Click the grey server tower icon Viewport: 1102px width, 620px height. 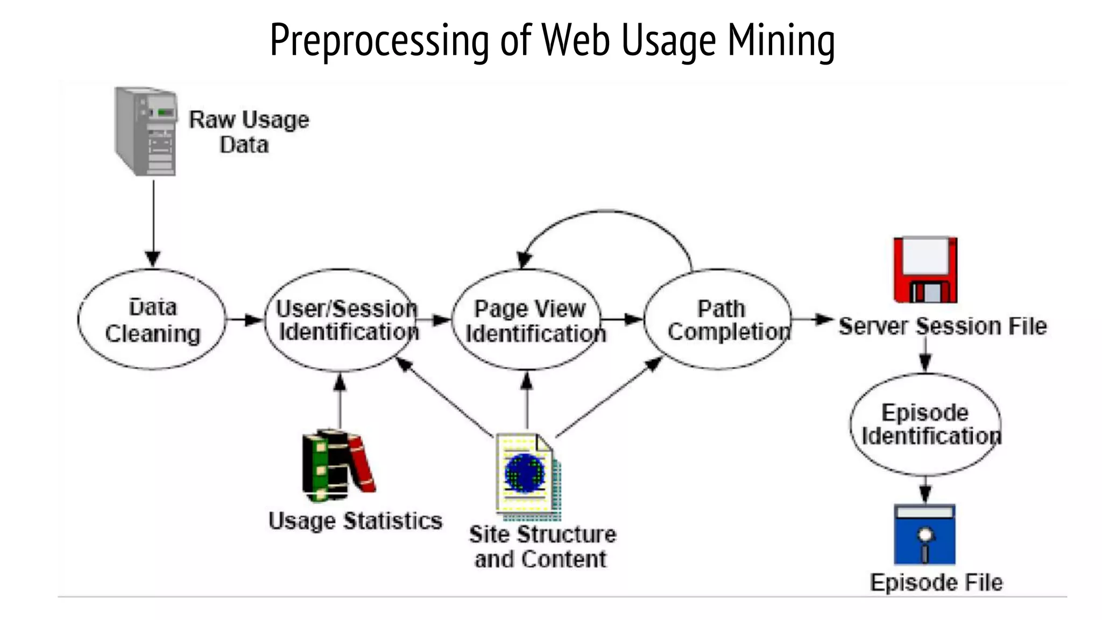coord(146,131)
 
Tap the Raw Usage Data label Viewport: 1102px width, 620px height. coord(248,132)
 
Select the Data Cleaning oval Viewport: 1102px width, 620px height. coord(152,320)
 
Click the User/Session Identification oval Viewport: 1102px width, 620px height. coord(343,320)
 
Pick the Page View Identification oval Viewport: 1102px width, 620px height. coord(528,320)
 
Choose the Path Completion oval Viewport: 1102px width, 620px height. coord(718,320)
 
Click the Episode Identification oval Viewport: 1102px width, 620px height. coord(926,425)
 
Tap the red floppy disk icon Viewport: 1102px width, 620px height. coord(925,270)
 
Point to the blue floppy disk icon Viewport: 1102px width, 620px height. coord(924,534)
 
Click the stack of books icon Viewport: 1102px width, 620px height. coord(337,465)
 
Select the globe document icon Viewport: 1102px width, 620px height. coord(527,476)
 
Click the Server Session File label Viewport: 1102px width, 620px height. coord(943,326)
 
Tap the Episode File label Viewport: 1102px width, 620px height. coord(936,582)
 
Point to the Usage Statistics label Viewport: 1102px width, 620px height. coord(355,521)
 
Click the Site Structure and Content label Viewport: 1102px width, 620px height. coord(542,547)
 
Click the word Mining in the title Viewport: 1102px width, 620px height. coord(781,40)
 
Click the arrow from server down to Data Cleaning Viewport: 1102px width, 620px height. coord(153,221)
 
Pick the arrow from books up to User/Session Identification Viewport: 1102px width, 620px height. coord(340,401)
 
